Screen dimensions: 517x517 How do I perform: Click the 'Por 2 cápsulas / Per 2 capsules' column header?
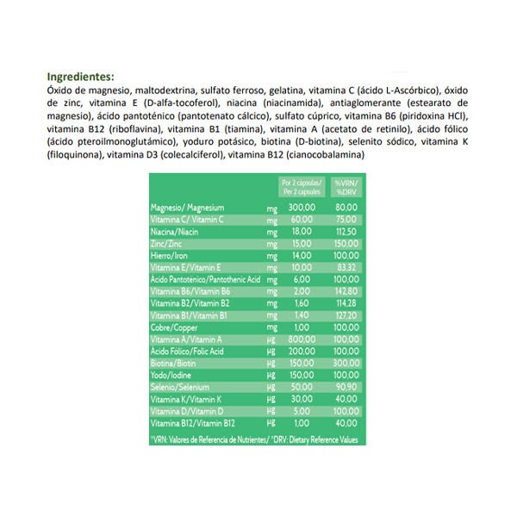(302, 187)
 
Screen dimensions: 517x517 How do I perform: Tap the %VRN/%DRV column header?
(347, 187)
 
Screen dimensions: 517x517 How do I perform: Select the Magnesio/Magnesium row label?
(187, 208)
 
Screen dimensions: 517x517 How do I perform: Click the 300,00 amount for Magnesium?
(302, 208)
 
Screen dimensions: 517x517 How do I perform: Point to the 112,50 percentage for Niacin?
(346, 232)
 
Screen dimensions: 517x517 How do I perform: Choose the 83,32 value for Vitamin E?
(346, 268)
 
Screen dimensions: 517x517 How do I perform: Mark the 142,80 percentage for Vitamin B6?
(346, 292)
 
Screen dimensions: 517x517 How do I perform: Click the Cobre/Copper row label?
(174, 328)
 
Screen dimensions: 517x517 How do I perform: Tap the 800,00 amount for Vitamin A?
(302, 340)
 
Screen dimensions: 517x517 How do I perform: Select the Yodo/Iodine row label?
(171, 377)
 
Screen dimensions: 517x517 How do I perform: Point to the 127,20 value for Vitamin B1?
(346, 316)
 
